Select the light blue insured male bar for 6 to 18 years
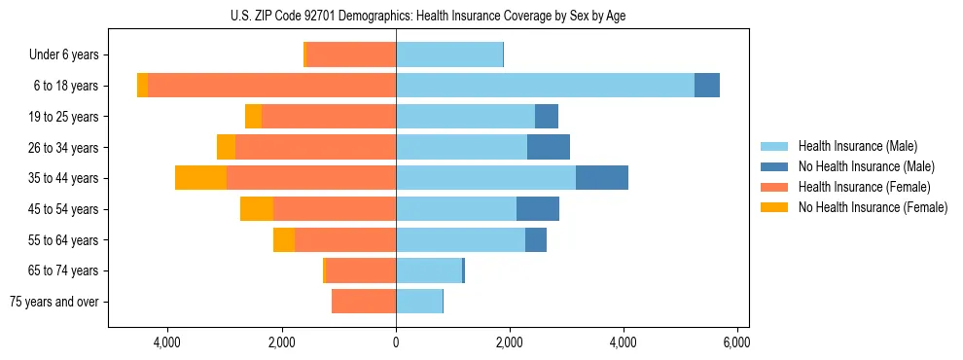tap(545, 86)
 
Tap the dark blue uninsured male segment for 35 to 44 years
tap(601, 178)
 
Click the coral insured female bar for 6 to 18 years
tap(271, 86)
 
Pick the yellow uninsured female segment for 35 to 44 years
tap(200, 178)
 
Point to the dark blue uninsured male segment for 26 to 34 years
tap(548, 147)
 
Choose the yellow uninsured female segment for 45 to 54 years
tap(257, 209)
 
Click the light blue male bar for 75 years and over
tap(419, 302)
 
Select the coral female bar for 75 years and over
tap(364, 302)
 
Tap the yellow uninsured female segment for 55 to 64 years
tap(284, 240)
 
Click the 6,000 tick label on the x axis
tap(736, 343)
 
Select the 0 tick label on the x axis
tap(396, 343)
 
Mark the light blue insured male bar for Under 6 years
tap(449, 55)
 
